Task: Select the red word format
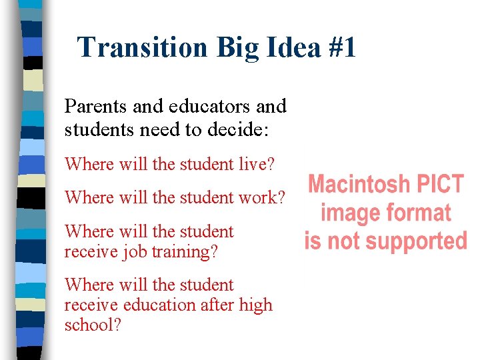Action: (417, 213)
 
